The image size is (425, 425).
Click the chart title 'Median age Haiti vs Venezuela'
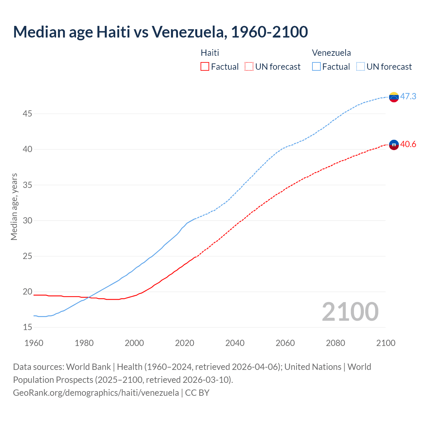160,32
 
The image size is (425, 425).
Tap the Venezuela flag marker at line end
394,97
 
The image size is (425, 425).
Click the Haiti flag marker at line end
394,145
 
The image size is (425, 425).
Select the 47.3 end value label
408,96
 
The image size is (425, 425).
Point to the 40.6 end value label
408,144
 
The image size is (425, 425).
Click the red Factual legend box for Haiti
205,66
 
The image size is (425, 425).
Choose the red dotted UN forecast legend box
249,66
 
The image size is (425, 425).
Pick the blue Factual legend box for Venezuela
316,66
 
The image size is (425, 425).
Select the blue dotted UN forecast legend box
360,66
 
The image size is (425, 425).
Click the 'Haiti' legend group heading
210,53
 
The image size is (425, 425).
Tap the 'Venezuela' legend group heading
331,53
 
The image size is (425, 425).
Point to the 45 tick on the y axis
28,114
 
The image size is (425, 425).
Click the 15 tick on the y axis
28,327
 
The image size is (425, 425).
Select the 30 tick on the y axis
28,220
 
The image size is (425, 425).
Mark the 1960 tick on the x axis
34,343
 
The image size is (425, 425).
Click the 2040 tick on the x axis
235,343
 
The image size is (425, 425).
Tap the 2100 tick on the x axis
385,343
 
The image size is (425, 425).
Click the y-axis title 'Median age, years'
14,207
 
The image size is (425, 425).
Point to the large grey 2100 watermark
350,311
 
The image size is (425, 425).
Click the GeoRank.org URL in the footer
96,392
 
